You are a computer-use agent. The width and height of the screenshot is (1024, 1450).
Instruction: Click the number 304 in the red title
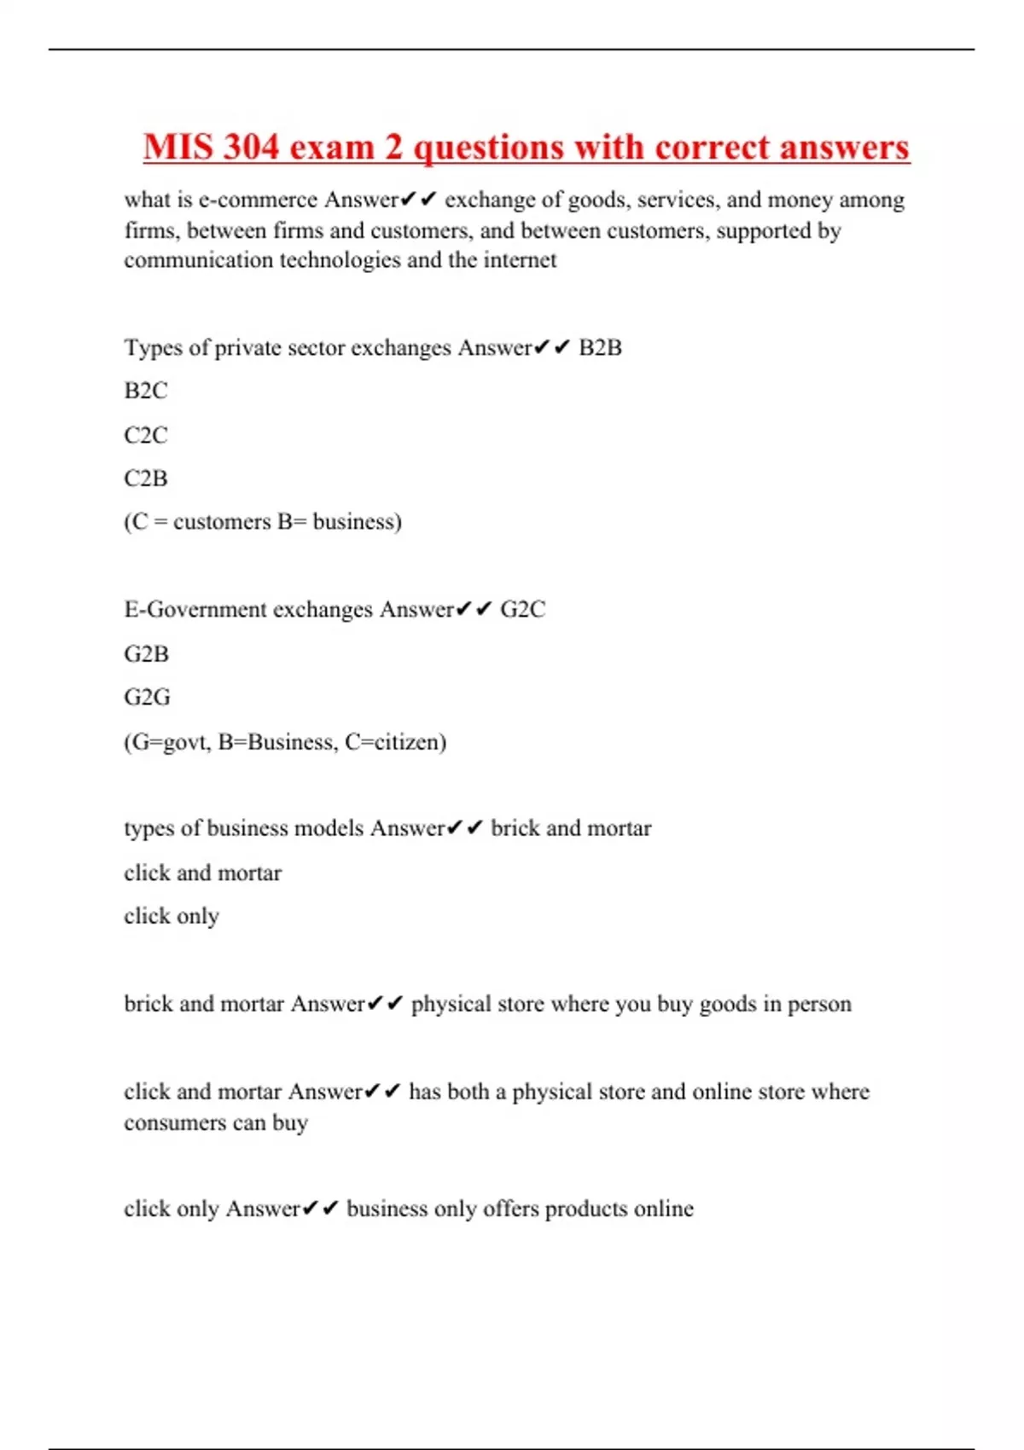pos(252,147)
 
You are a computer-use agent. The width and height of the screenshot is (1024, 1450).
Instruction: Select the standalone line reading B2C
pos(146,391)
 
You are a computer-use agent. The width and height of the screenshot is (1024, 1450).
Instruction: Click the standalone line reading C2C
pos(146,435)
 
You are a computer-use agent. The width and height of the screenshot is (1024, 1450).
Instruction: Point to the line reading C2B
pos(146,478)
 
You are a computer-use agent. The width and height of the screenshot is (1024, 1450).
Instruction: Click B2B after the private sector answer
pos(600,348)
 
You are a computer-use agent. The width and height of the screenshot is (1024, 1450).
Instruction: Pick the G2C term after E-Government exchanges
pos(522,610)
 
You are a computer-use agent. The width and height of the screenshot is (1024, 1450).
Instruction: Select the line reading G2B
pos(147,654)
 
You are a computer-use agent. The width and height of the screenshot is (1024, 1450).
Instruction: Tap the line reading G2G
pos(147,698)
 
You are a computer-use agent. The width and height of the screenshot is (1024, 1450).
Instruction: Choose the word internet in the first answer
pos(520,260)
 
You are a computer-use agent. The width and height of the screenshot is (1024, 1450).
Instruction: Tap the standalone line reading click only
pos(172,916)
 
